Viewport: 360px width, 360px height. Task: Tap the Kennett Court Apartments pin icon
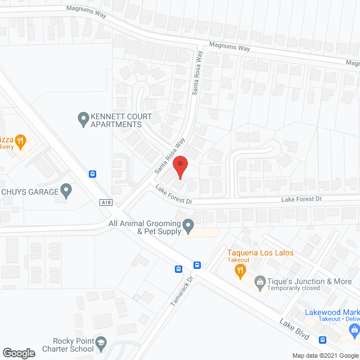[x=83, y=118]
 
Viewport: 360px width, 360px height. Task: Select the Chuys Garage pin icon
[x=66, y=191]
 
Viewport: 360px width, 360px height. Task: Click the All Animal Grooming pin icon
[x=189, y=227]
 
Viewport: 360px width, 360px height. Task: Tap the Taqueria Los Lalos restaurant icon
[x=240, y=271]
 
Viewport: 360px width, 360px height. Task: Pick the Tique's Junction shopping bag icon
[x=260, y=281]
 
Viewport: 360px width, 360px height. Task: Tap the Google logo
[x=18, y=353]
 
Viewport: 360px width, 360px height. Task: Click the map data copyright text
[x=325, y=355]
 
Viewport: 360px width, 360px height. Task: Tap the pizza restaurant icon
[x=21, y=141]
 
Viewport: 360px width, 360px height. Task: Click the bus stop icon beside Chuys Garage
[x=92, y=174]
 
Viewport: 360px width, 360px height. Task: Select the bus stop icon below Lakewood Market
[x=323, y=340]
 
